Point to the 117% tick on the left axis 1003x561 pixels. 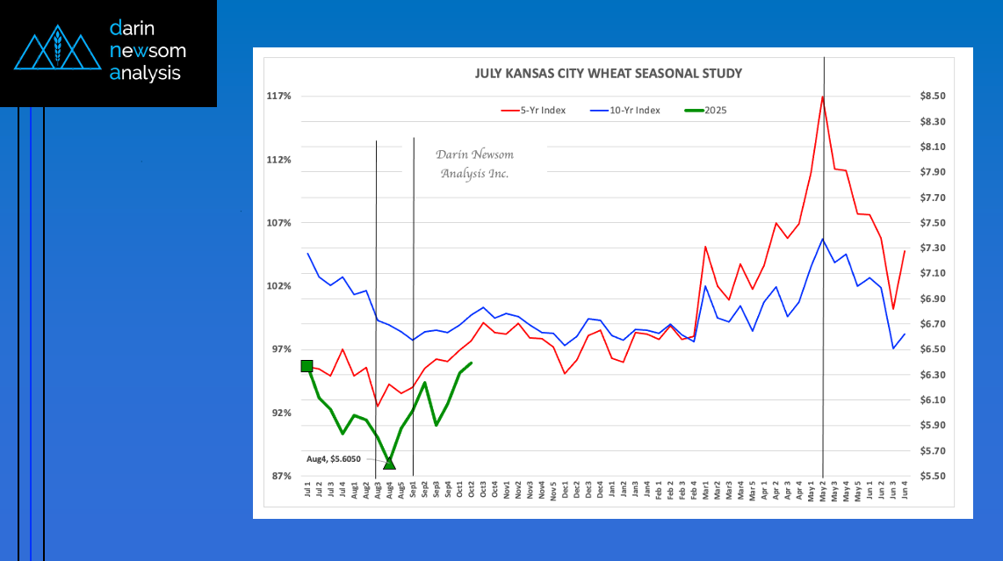tap(280, 96)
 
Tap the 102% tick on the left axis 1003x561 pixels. tap(280, 286)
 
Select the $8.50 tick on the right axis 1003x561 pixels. tap(932, 96)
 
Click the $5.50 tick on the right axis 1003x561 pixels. tap(932, 476)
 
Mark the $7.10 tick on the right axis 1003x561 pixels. tap(932, 274)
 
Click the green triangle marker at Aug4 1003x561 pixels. tap(389, 463)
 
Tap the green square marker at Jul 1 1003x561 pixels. tap(307, 366)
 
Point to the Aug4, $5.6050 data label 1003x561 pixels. tap(334, 458)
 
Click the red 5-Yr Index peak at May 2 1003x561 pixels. tap(823, 96)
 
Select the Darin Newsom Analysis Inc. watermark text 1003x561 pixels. tap(475, 164)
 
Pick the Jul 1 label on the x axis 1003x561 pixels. tap(307, 491)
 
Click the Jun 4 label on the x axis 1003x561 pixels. tap(905, 491)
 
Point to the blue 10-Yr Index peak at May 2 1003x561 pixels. tap(823, 239)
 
